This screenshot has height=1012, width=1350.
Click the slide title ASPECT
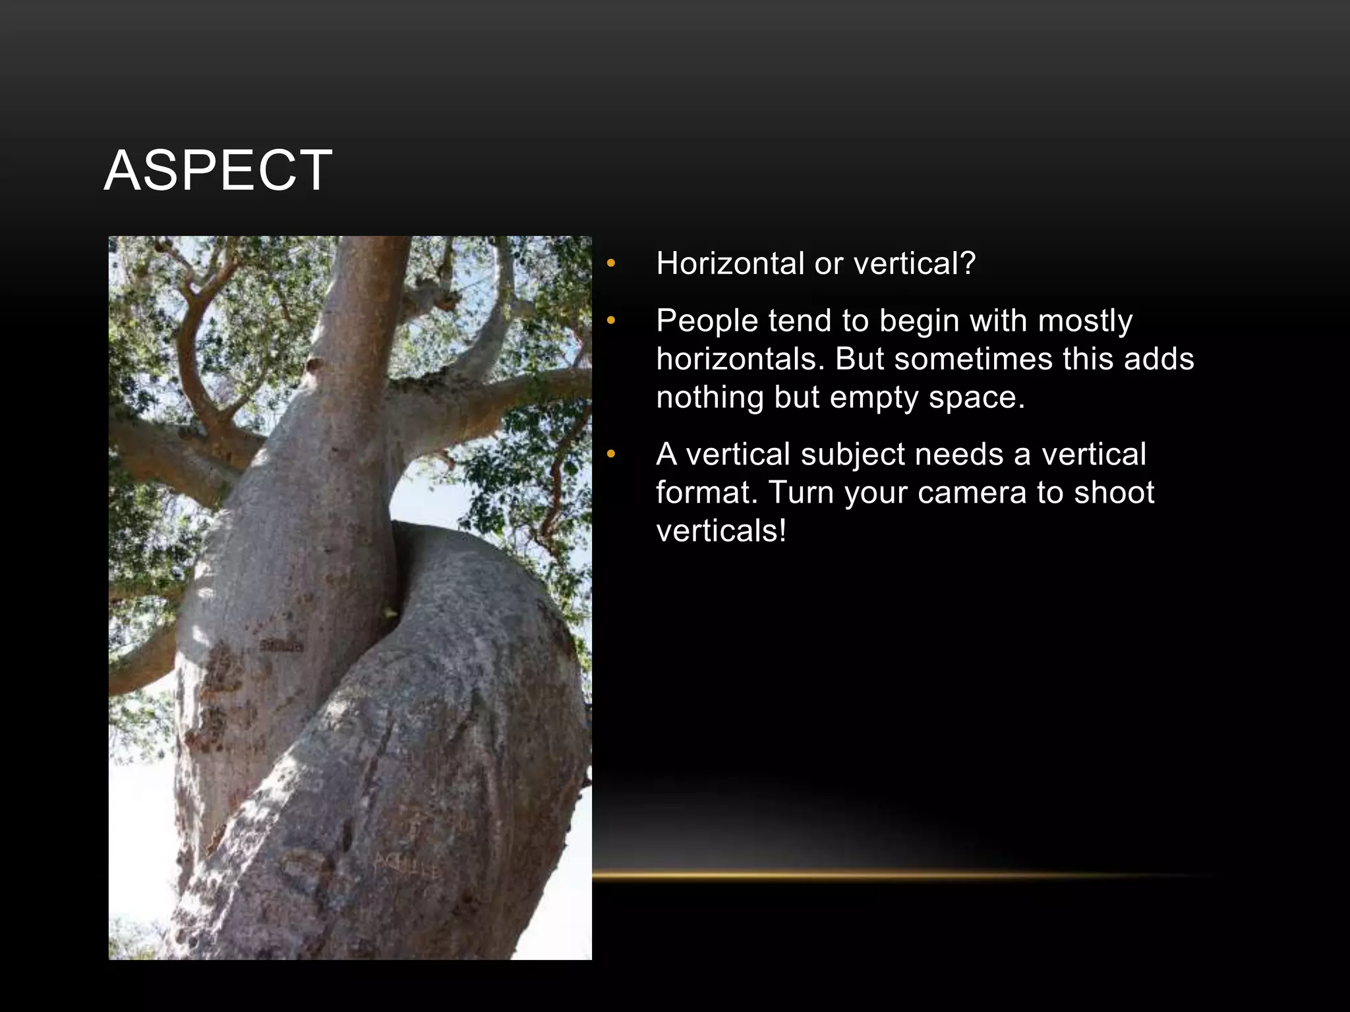click(x=218, y=171)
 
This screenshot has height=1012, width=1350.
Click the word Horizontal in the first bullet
click(x=730, y=264)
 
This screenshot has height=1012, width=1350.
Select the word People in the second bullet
click(x=707, y=321)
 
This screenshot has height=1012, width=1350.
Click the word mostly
click(x=1085, y=321)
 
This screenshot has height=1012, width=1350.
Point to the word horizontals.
click(x=740, y=359)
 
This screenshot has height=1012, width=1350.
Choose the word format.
click(x=707, y=493)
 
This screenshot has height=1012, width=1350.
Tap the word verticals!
click(x=722, y=531)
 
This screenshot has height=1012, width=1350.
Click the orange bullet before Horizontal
click(x=611, y=264)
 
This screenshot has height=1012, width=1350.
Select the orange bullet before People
click(x=611, y=322)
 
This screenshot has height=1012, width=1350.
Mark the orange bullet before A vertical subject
click(x=611, y=455)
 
